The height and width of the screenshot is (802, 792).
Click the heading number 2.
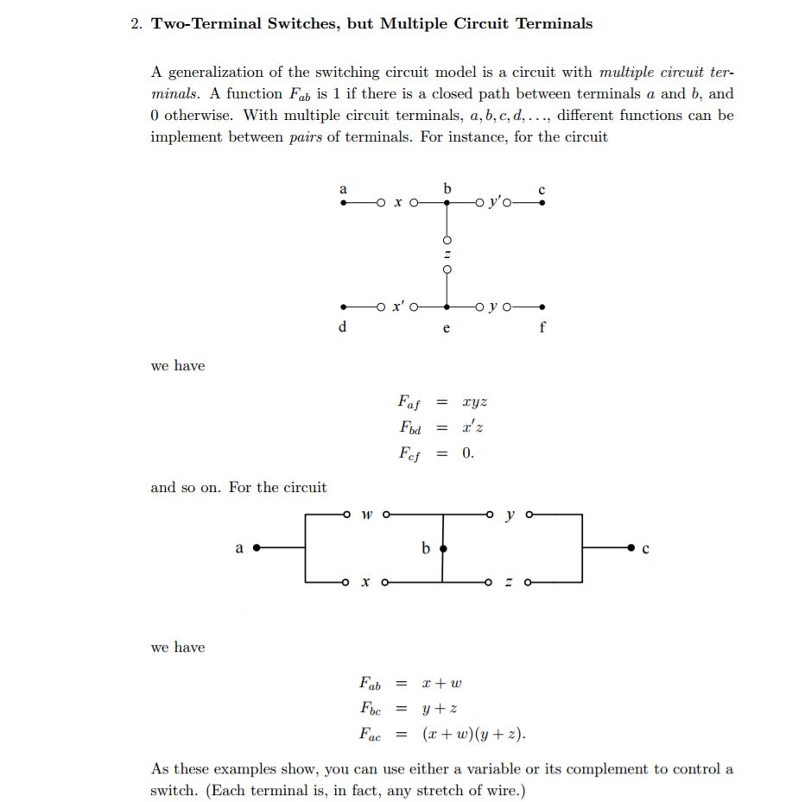pyautogui.click(x=136, y=24)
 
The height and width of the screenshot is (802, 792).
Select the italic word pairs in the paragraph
pyautogui.click(x=305, y=137)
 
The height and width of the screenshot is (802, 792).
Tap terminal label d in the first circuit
pyautogui.click(x=342, y=327)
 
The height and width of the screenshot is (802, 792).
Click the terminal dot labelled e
pyautogui.click(x=447, y=307)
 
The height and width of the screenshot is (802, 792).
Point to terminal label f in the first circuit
pyautogui.click(x=542, y=327)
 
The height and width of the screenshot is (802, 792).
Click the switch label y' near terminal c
pyautogui.click(x=495, y=202)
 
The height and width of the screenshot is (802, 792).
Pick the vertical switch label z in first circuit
pyautogui.click(x=447, y=254)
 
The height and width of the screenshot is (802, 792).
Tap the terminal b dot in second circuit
pyautogui.click(x=443, y=548)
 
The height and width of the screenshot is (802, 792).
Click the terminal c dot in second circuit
pyautogui.click(x=631, y=548)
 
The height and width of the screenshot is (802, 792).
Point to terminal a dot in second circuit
pyautogui.click(x=257, y=548)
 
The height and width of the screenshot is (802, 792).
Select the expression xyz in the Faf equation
pyautogui.click(x=474, y=402)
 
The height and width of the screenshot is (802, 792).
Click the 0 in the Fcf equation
pyautogui.click(x=467, y=452)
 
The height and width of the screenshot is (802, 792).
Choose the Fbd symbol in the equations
pyautogui.click(x=409, y=427)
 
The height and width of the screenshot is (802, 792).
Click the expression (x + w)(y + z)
pyautogui.click(x=474, y=734)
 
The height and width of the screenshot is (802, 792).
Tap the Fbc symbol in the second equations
pyautogui.click(x=370, y=708)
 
